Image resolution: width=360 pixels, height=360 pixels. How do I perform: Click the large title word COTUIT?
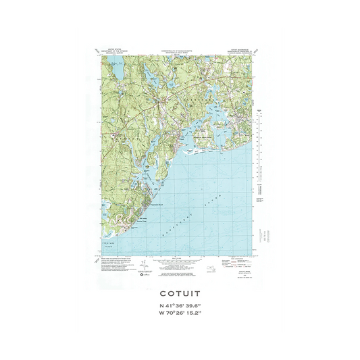[x=180, y=294]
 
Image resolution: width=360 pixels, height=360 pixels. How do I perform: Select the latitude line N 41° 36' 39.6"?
[x=180, y=307]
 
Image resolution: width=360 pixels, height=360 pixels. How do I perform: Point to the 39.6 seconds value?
[x=199, y=307]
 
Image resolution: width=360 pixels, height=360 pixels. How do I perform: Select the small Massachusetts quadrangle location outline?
[x=214, y=269]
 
